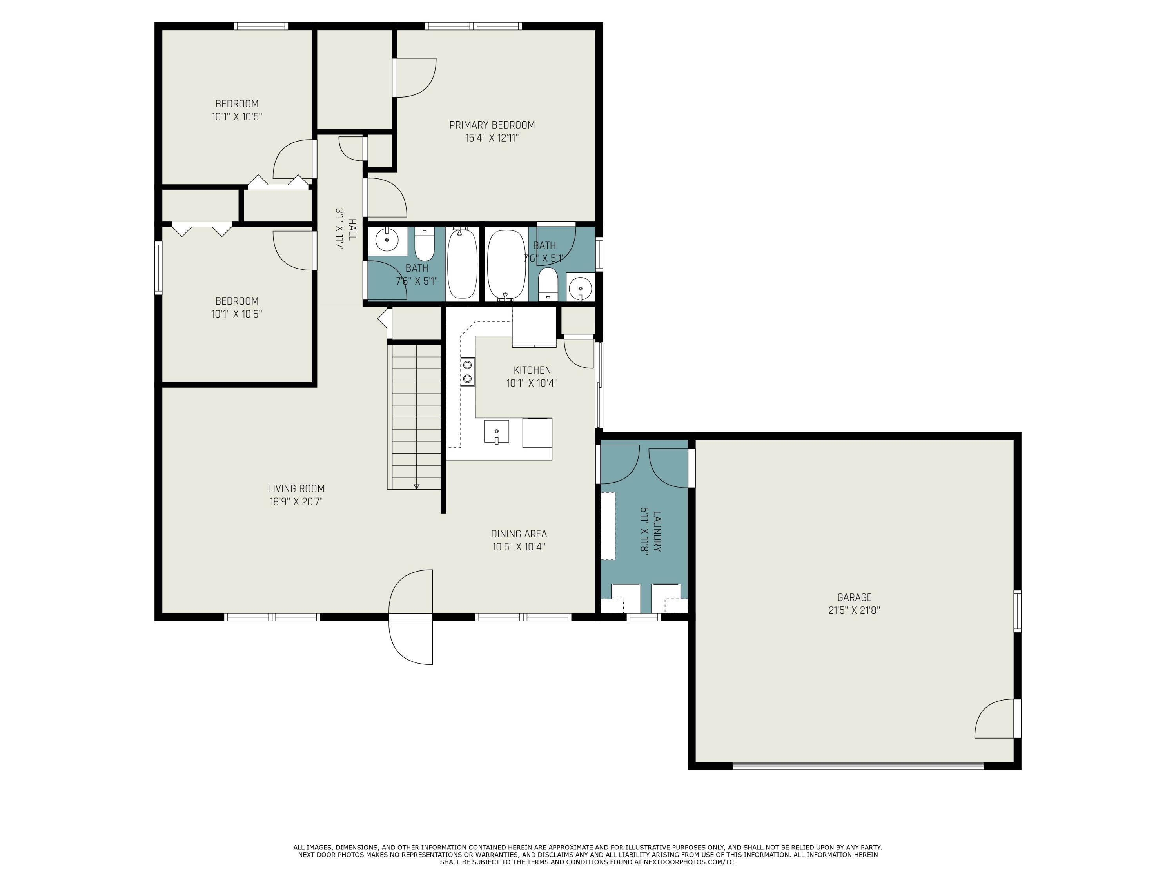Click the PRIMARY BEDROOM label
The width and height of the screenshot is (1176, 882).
(x=492, y=125)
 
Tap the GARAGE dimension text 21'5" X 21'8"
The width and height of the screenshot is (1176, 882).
(x=854, y=610)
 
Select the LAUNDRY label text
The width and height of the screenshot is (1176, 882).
(x=657, y=531)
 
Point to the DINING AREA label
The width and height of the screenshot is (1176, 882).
(x=518, y=534)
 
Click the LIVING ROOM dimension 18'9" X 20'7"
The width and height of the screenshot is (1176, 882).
(x=296, y=501)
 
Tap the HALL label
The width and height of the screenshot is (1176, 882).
(x=352, y=229)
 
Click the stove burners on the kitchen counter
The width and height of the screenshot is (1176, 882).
(x=468, y=372)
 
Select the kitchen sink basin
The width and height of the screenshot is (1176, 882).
(x=496, y=431)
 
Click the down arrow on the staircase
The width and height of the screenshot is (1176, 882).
(x=416, y=486)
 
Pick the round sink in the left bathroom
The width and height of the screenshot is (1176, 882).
(x=387, y=240)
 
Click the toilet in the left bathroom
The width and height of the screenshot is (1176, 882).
(x=424, y=245)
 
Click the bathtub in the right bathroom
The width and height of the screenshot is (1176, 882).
(x=506, y=264)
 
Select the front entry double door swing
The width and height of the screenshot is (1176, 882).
(x=411, y=617)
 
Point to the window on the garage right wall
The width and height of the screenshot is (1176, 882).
(x=1017, y=611)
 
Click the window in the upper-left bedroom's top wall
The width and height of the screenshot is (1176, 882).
(x=261, y=25)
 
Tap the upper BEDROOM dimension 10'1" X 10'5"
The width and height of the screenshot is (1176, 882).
(x=237, y=117)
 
